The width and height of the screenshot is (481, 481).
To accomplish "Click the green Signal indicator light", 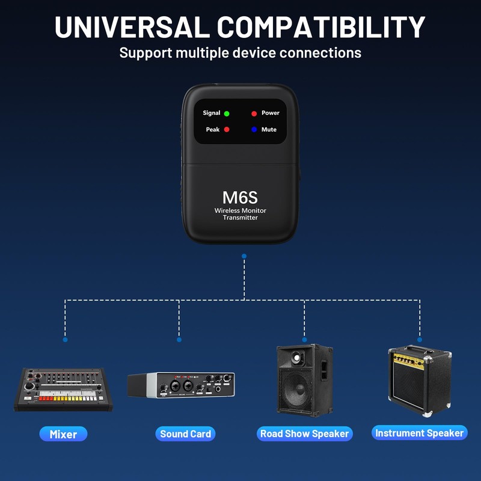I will pyautogui.click(x=227, y=113).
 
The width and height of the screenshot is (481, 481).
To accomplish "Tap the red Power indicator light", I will pyautogui.click(x=254, y=113).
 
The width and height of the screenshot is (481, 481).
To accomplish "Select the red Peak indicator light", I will pyautogui.click(x=227, y=129).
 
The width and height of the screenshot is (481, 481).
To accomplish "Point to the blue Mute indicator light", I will pyautogui.click(x=254, y=129).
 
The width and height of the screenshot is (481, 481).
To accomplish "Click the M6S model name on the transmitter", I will pyautogui.click(x=240, y=197).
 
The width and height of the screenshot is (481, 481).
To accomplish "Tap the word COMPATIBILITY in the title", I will pyautogui.click(x=321, y=27).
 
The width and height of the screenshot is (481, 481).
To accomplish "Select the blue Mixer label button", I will pyautogui.click(x=63, y=434).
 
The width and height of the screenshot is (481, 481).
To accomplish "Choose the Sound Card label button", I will pyautogui.click(x=186, y=434).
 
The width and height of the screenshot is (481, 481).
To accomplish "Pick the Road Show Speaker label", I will pyautogui.click(x=304, y=434).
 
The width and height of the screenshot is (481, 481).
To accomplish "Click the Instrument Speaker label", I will pyautogui.click(x=419, y=433).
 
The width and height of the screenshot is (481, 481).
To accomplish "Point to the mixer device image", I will pyautogui.click(x=63, y=390).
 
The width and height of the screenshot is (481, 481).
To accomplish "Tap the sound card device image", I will pyautogui.click(x=181, y=385).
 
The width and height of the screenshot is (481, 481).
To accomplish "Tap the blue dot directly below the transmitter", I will pyautogui.click(x=244, y=256).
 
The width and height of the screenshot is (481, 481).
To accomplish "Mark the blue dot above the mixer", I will pyautogui.click(x=65, y=340).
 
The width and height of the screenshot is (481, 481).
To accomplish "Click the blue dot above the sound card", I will pyautogui.click(x=179, y=340).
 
